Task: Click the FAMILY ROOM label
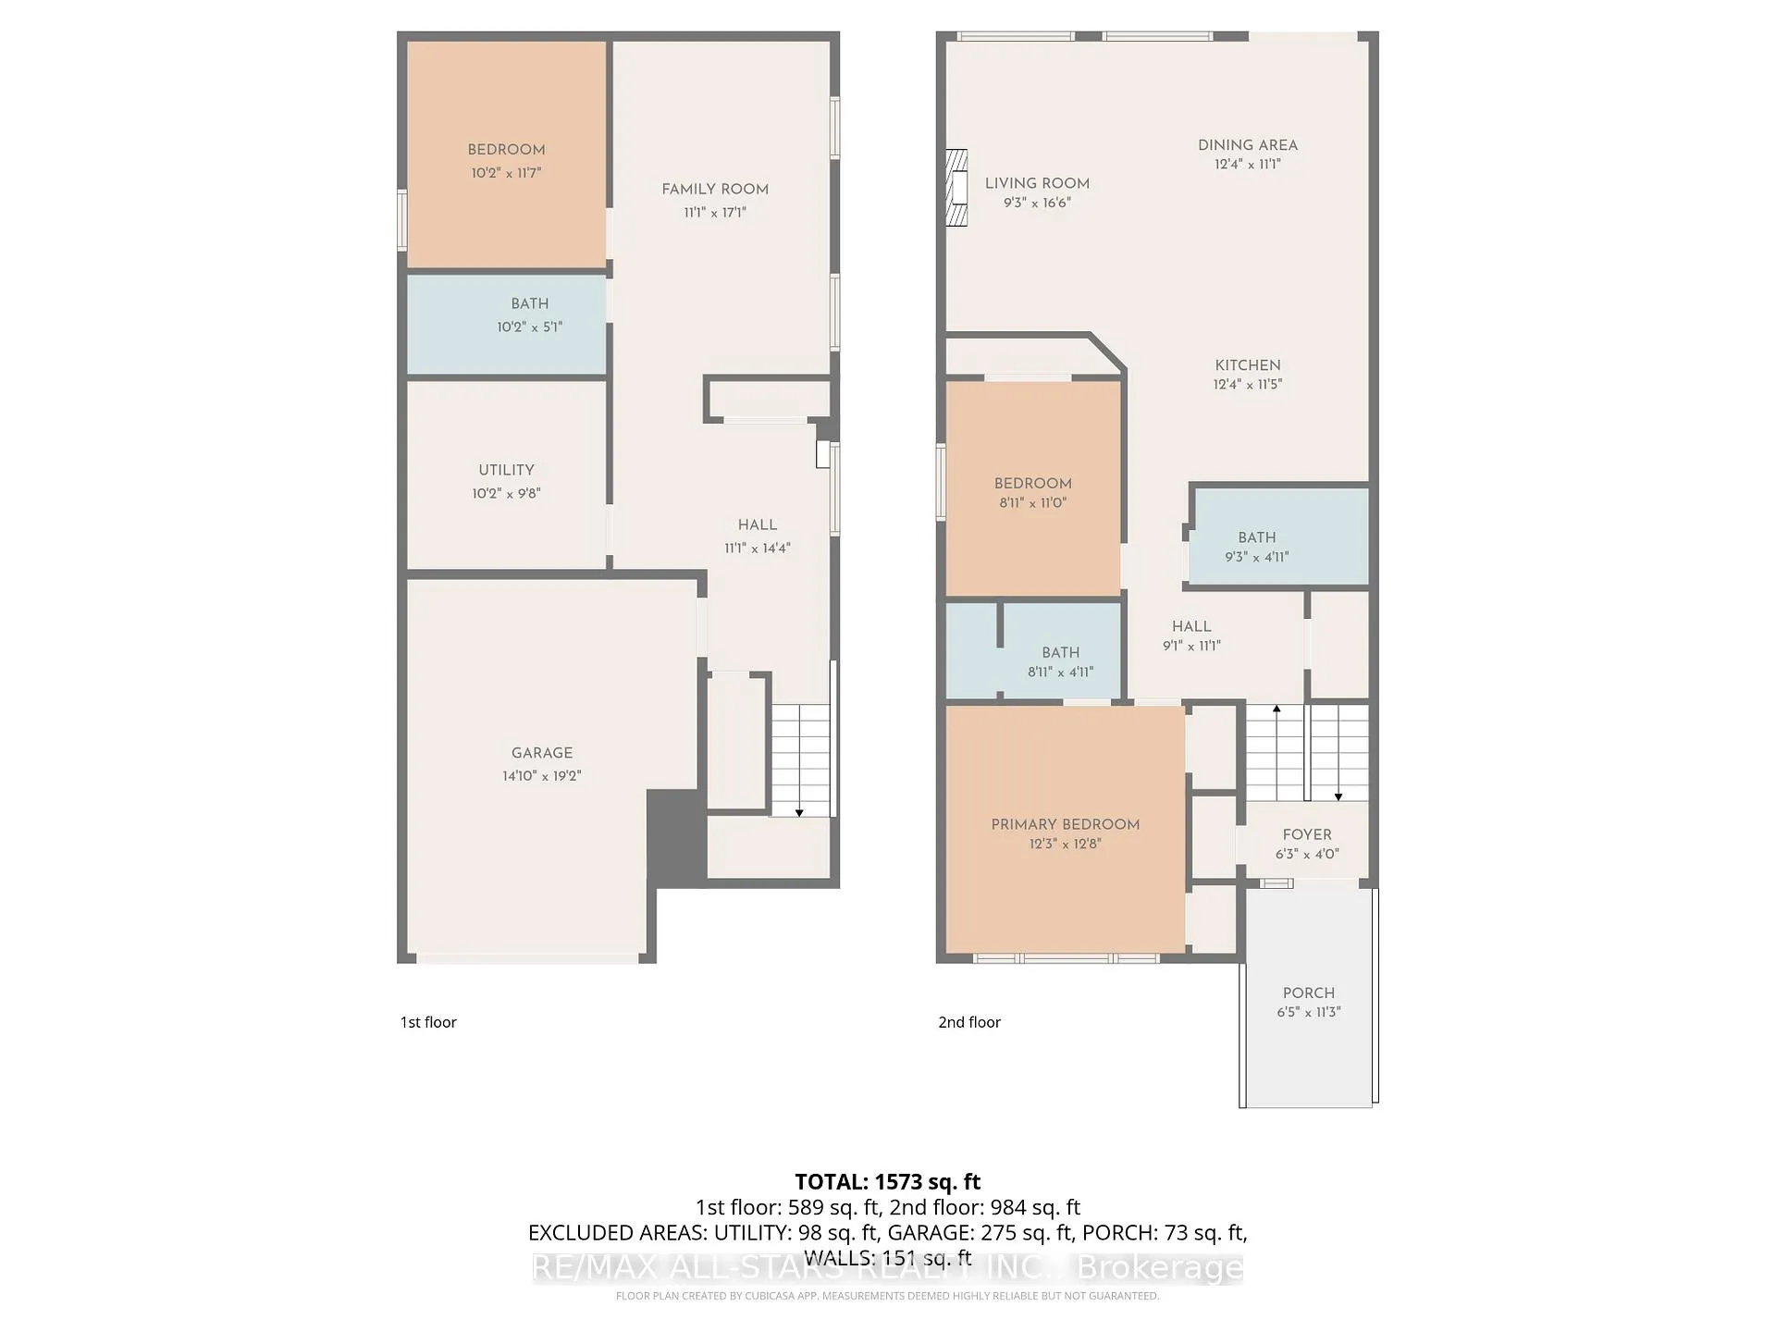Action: coord(715,190)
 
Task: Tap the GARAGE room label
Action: coord(542,753)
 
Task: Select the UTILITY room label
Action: coord(506,470)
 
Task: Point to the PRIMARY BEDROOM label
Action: coord(1065,824)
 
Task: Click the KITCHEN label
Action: coord(1248,365)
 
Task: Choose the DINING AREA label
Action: coord(1248,145)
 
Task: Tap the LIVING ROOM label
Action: coord(1037,183)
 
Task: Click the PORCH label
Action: coord(1309,993)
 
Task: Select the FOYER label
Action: coord(1307,834)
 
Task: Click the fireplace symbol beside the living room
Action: coord(956,189)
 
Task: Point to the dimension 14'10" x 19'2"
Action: coord(542,776)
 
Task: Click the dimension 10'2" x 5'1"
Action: coord(530,327)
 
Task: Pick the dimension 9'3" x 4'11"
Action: coord(1257,557)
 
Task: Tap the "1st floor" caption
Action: coord(428,1022)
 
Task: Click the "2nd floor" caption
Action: coord(969,1022)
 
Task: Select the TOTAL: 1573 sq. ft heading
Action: coord(888,1181)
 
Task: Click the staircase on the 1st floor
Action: coord(801,760)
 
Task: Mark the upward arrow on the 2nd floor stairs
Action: coord(1276,752)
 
